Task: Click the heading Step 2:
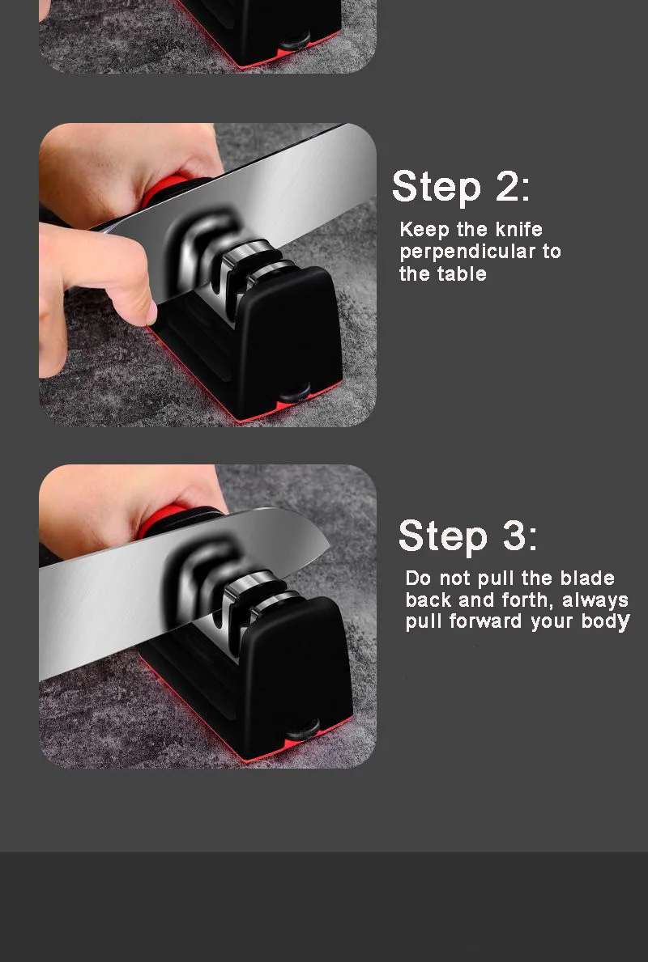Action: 461,187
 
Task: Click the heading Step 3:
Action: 467,536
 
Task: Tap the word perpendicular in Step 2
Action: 469,252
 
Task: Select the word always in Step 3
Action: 595,600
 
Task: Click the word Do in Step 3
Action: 418,578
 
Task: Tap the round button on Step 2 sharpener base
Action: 294,395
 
